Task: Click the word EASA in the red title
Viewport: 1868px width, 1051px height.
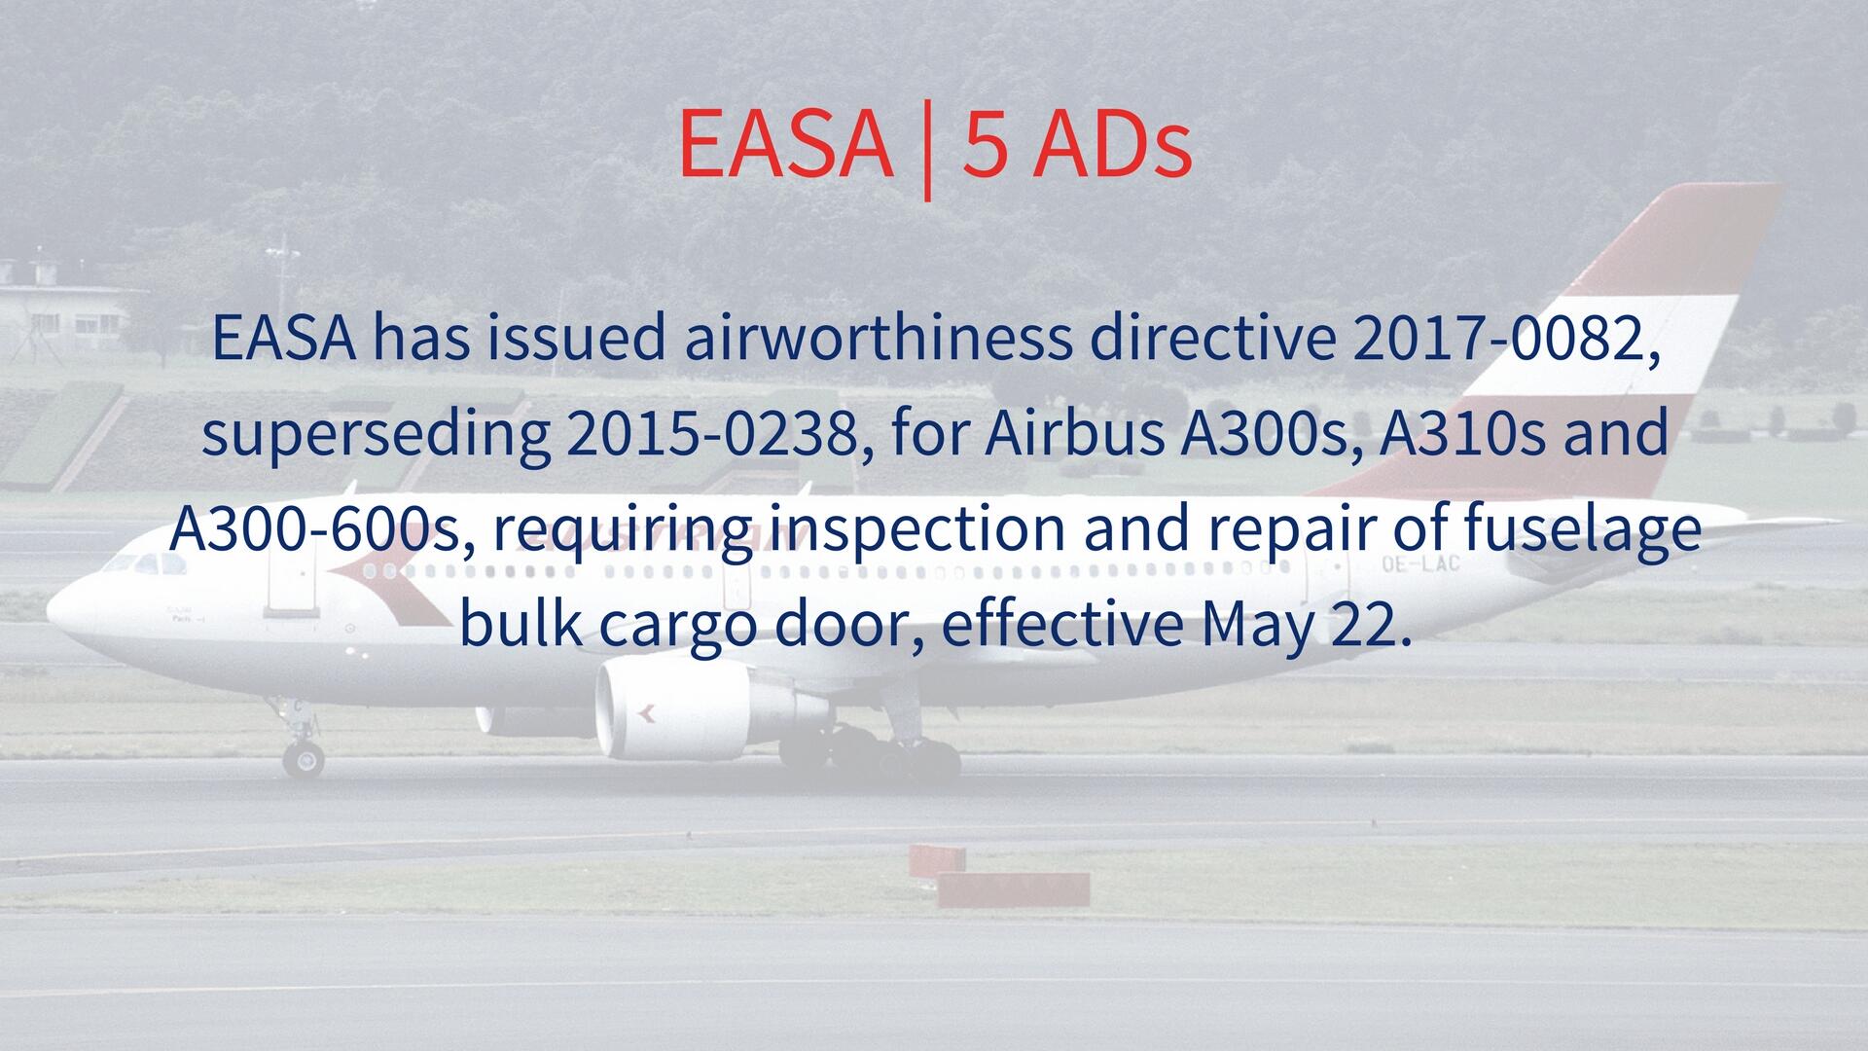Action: (785, 144)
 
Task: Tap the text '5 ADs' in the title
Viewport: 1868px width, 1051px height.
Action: (1077, 144)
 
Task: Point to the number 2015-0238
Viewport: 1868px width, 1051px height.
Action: (717, 435)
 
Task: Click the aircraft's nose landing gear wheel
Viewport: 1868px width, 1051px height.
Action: (304, 757)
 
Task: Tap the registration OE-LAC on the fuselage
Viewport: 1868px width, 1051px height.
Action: (1419, 562)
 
